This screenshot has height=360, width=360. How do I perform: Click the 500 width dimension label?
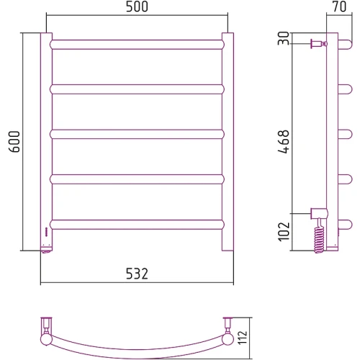pos(137,6)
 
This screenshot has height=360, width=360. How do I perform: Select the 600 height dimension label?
pos(14,142)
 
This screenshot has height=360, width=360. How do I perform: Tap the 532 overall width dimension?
pos(137,274)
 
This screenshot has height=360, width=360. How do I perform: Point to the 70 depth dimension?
pos(340,6)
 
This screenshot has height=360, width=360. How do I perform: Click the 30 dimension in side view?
pos(284,38)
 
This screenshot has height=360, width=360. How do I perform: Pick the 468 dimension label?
pos(284,142)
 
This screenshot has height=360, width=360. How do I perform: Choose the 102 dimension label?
pos(284,232)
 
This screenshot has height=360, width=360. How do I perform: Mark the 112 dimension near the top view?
pos(242,338)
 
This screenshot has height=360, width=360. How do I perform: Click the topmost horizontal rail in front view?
pos(137,45)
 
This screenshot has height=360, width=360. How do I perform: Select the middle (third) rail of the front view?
pos(137,135)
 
